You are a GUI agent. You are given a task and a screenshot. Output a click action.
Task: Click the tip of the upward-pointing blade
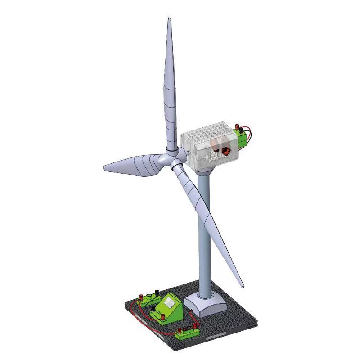(169, 19)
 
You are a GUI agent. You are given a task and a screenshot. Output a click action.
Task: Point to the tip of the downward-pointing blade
(242, 286)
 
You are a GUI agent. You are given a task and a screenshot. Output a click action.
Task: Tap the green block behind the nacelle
(243, 138)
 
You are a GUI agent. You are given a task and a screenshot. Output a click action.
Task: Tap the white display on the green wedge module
(171, 303)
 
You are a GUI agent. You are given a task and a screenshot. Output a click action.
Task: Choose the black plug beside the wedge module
(157, 292)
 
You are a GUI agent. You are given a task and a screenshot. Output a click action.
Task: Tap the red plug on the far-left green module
(141, 297)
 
